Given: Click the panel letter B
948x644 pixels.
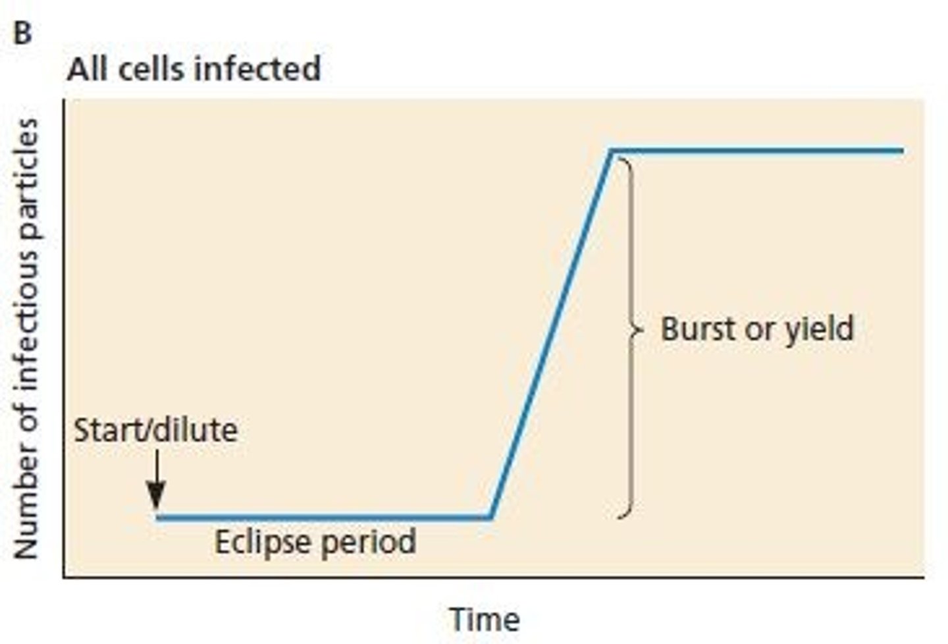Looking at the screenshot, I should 22,33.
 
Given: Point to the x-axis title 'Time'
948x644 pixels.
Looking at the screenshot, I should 485,619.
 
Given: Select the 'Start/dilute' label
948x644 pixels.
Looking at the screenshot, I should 155,431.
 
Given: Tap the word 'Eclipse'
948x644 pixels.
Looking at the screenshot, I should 262,543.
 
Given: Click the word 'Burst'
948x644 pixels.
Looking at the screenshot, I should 697,329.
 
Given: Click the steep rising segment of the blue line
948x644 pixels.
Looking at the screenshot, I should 552,333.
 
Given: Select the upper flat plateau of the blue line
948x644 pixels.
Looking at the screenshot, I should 757,151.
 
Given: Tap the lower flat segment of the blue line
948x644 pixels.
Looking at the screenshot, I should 323,517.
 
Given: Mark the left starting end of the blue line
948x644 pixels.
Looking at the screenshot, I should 159,517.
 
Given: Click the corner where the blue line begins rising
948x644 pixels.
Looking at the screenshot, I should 490,516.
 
